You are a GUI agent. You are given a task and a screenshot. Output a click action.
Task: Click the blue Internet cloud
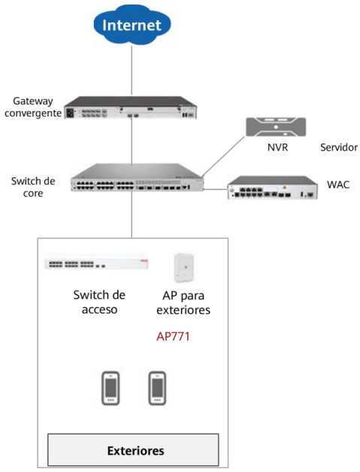[x=132, y=25]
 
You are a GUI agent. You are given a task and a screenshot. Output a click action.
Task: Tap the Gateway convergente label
[x=33, y=107]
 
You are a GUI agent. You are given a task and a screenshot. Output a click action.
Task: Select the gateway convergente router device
[x=130, y=107]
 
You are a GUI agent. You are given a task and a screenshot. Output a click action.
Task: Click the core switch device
[x=137, y=177]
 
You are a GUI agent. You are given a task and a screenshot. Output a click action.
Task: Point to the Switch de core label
[x=33, y=187]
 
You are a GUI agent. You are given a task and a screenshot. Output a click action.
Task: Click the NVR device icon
[x=276, y=127]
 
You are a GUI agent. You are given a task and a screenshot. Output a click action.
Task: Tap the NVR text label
[x=277, y=147]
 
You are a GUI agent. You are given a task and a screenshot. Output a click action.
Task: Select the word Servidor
[x=339, y=147]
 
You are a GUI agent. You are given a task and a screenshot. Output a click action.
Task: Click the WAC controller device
[x=272, y=187]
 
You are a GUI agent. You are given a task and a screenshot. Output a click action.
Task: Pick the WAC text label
[x=338, y=185]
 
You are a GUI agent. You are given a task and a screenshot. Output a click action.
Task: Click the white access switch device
[x=97, y=262]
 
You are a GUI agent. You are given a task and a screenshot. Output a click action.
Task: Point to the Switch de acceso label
[x=99, y=302]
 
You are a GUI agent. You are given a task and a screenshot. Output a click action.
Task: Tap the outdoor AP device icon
[x=184, y=268]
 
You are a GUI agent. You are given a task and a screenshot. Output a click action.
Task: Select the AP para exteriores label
[x=183, y=303]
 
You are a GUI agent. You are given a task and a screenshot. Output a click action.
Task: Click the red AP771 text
[x=173, y=337]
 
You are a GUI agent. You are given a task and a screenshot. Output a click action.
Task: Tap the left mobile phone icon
[x=110, y=388]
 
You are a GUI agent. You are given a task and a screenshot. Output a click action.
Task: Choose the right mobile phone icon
[x=157, y=388]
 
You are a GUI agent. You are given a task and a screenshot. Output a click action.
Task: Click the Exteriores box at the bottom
[x=133, y=450]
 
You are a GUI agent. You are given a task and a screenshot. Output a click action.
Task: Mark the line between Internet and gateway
[x=132, y=71]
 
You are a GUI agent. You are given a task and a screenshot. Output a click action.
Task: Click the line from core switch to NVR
[x=224, y=156]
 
